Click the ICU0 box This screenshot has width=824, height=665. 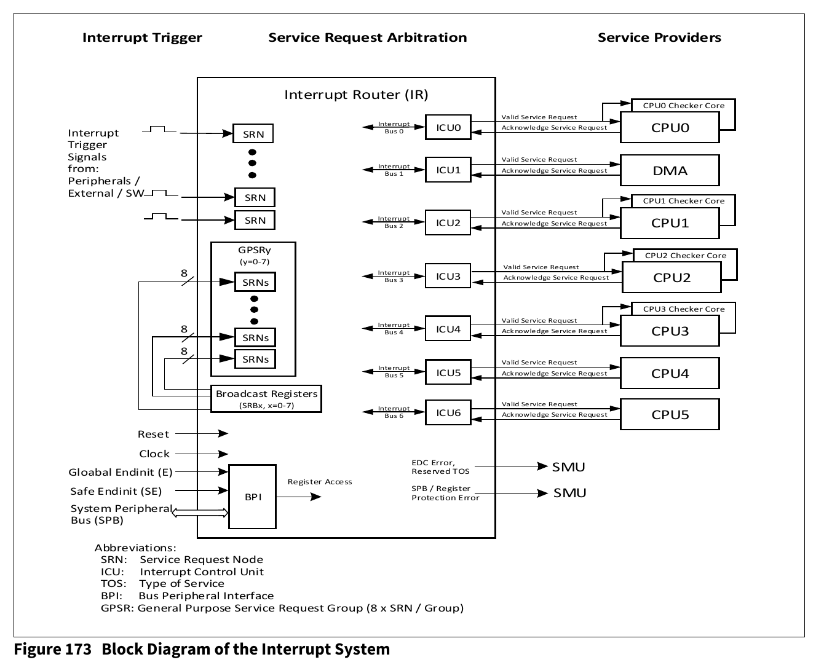pos(448,127)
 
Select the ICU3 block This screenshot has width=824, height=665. pos(448,276)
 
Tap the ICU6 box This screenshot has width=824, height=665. pos(448,412)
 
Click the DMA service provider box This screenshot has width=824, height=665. pos(670,170)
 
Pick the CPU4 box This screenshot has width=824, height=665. pos(670,373)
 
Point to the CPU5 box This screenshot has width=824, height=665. pos(670,414)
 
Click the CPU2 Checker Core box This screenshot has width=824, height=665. pos(685,256)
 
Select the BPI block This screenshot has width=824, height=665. pos(252,497)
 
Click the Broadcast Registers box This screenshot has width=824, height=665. pos(266,398)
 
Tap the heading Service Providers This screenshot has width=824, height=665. pos(659,37)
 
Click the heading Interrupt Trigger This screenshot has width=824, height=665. pos(142,37)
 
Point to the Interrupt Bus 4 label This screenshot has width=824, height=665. pos(394,329)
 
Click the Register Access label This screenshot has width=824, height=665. pos(320,482)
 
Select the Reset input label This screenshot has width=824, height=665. pos(153,434)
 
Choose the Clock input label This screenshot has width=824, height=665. pos(154,454)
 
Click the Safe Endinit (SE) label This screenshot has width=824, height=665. pos(116,491)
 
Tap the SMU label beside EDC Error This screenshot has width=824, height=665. pos(568,467)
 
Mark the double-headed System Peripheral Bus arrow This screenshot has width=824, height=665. pos(200,513)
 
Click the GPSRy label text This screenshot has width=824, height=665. pos(254,250)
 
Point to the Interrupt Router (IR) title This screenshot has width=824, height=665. pos(356,95)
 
